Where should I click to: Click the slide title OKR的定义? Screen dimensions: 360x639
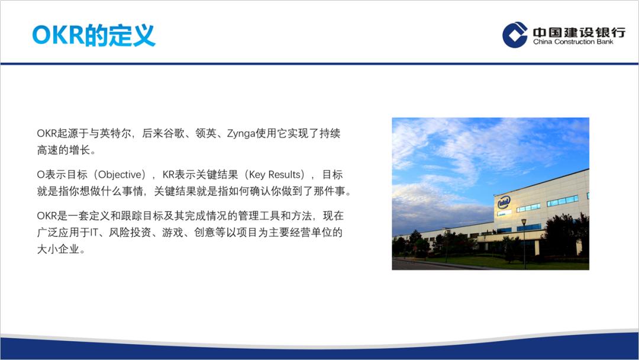point(93,35)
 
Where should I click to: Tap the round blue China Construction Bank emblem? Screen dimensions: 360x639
point(515,34)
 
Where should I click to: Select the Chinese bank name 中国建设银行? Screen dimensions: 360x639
point(578,31)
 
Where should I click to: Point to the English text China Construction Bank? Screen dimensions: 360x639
point(573,42)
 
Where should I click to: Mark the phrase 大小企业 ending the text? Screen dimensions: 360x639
point(57,249)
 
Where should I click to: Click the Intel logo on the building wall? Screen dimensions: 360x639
point(504,202)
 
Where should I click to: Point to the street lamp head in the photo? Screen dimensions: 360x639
point(524,222)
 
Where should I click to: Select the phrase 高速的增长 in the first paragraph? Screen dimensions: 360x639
point(63,150)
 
